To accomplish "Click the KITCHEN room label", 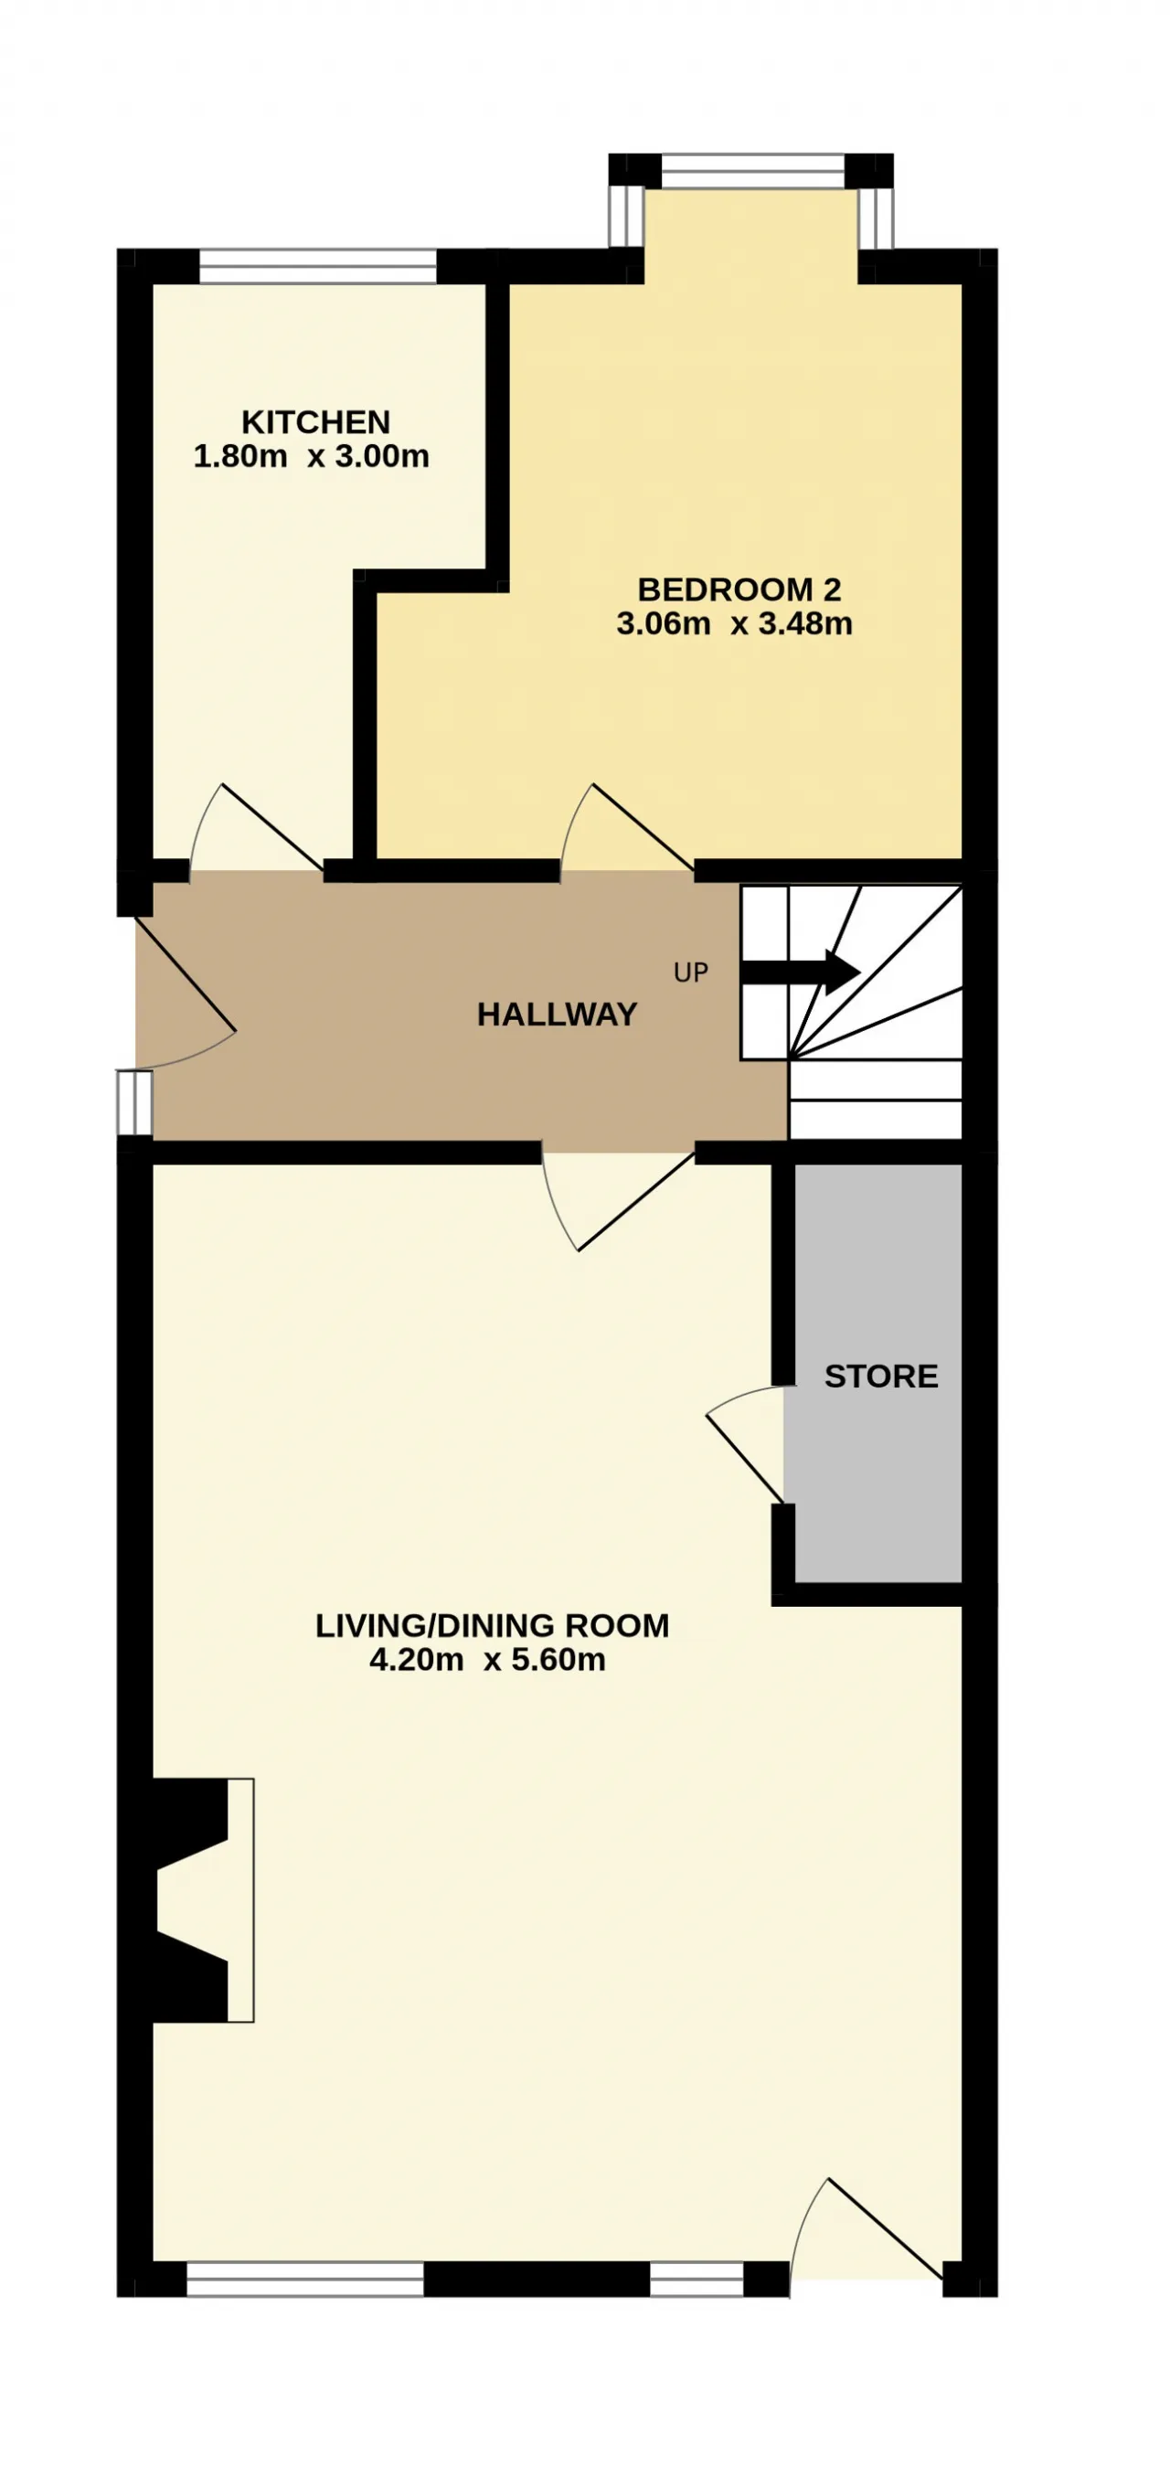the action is pyautogui.click(x=315, y=422).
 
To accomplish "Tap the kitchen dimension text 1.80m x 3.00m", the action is pyautogui.click(x=312, y=456).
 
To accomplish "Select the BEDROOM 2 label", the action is pyautogui.click(x=739, y=589).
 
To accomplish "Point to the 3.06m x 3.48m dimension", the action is pyautogui.click(x=735, y=623).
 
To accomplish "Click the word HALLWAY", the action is pyautogui.click(x=558, y=1015).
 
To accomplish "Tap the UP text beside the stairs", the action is pyautogui.click(x=691, y=973).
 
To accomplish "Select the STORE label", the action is pyautogui.click(x=881, y=1376).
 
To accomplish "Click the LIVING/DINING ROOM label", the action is pyautogui.click(x=493, y=1625).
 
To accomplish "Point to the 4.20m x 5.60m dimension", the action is pyautogui.click(x=487, y=1660).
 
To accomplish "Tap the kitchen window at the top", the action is pyautogui.click(x=318, y=266).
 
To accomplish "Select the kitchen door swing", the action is pyautogui.click(x=256, y=828).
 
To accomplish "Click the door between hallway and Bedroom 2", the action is pyautogui.click(x=626, y=828).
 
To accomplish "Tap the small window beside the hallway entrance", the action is pyautogui.click(x=134, y=1103).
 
